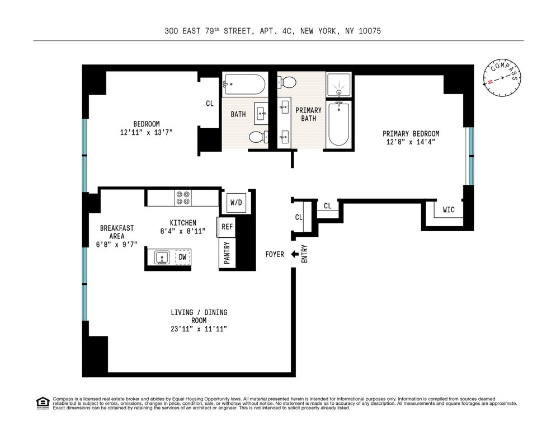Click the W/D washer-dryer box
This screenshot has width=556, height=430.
(236, 202)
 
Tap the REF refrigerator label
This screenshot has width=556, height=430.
(227, 227)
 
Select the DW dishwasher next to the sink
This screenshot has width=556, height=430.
(182, 257)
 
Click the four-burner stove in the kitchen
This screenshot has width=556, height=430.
(183, 198)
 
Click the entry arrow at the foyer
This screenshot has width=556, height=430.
(294, 254)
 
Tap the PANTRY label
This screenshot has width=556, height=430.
(227, 253)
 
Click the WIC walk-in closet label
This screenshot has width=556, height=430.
(449, 210)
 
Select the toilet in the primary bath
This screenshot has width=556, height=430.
(287, 83)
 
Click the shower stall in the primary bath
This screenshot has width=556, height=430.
(338, 85)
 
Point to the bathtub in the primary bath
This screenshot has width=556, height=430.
(338, 124)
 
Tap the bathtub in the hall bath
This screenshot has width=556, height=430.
(244, 84)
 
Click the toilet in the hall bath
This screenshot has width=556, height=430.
(258, 137)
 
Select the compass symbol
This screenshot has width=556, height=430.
(502, 77)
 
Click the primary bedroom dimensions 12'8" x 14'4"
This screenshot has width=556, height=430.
(411, 142)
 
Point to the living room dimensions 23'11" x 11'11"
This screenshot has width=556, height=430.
(199, 329)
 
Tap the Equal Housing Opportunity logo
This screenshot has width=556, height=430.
(43, 403)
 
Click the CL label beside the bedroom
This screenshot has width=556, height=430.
(210, 104)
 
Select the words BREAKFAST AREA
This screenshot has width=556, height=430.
(117, 232)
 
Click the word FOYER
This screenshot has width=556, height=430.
(275, 254)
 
